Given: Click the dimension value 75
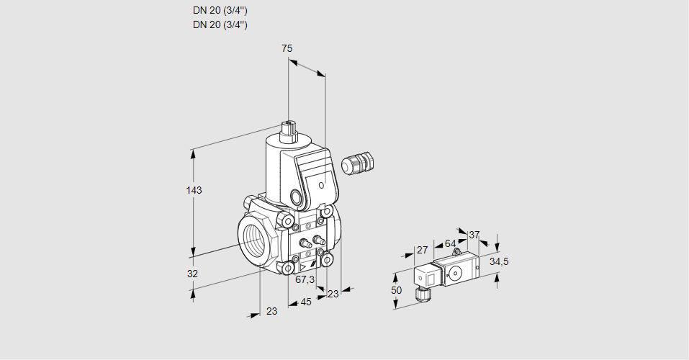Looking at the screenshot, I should (x=287, y=48).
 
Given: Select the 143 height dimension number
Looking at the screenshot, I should (x=194, y=190).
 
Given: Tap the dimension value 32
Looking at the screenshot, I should (x=192, y=274).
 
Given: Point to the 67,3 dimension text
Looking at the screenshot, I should (x=305, y=279).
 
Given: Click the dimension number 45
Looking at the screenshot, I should (x=306, y=302).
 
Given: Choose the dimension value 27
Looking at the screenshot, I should (x=423, y=250).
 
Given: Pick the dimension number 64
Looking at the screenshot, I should (x=450, y=243).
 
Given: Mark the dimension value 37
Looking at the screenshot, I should (x=474, y=235).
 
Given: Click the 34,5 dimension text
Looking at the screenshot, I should (x=499, y=261).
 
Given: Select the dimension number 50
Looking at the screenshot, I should (x=396, y=289).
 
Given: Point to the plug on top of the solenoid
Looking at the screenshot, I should (x=289, y=131).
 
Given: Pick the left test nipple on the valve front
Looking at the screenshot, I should (x=303, y=241).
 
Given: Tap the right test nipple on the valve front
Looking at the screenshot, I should (x=317, y=237).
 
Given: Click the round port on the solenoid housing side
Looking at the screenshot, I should (x=296, y=196).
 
